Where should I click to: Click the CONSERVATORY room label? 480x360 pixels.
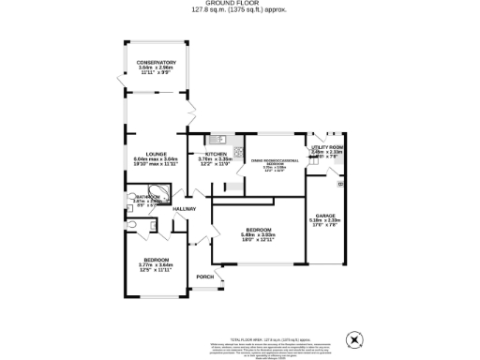point(156,62)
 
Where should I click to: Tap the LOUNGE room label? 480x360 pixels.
point(156,154)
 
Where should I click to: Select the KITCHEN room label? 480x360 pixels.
point(215,154)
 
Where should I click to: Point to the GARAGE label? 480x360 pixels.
point(324,216)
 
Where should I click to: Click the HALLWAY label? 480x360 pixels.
point(184,209)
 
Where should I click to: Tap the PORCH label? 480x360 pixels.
point(204,277)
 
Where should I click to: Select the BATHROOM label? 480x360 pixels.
point(147,197)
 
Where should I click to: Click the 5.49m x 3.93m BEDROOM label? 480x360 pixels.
point(259,230)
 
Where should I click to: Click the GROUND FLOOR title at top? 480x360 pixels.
point(239,4)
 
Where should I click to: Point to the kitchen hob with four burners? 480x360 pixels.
point(238,151)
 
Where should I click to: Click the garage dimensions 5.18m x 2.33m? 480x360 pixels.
point(324,221)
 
